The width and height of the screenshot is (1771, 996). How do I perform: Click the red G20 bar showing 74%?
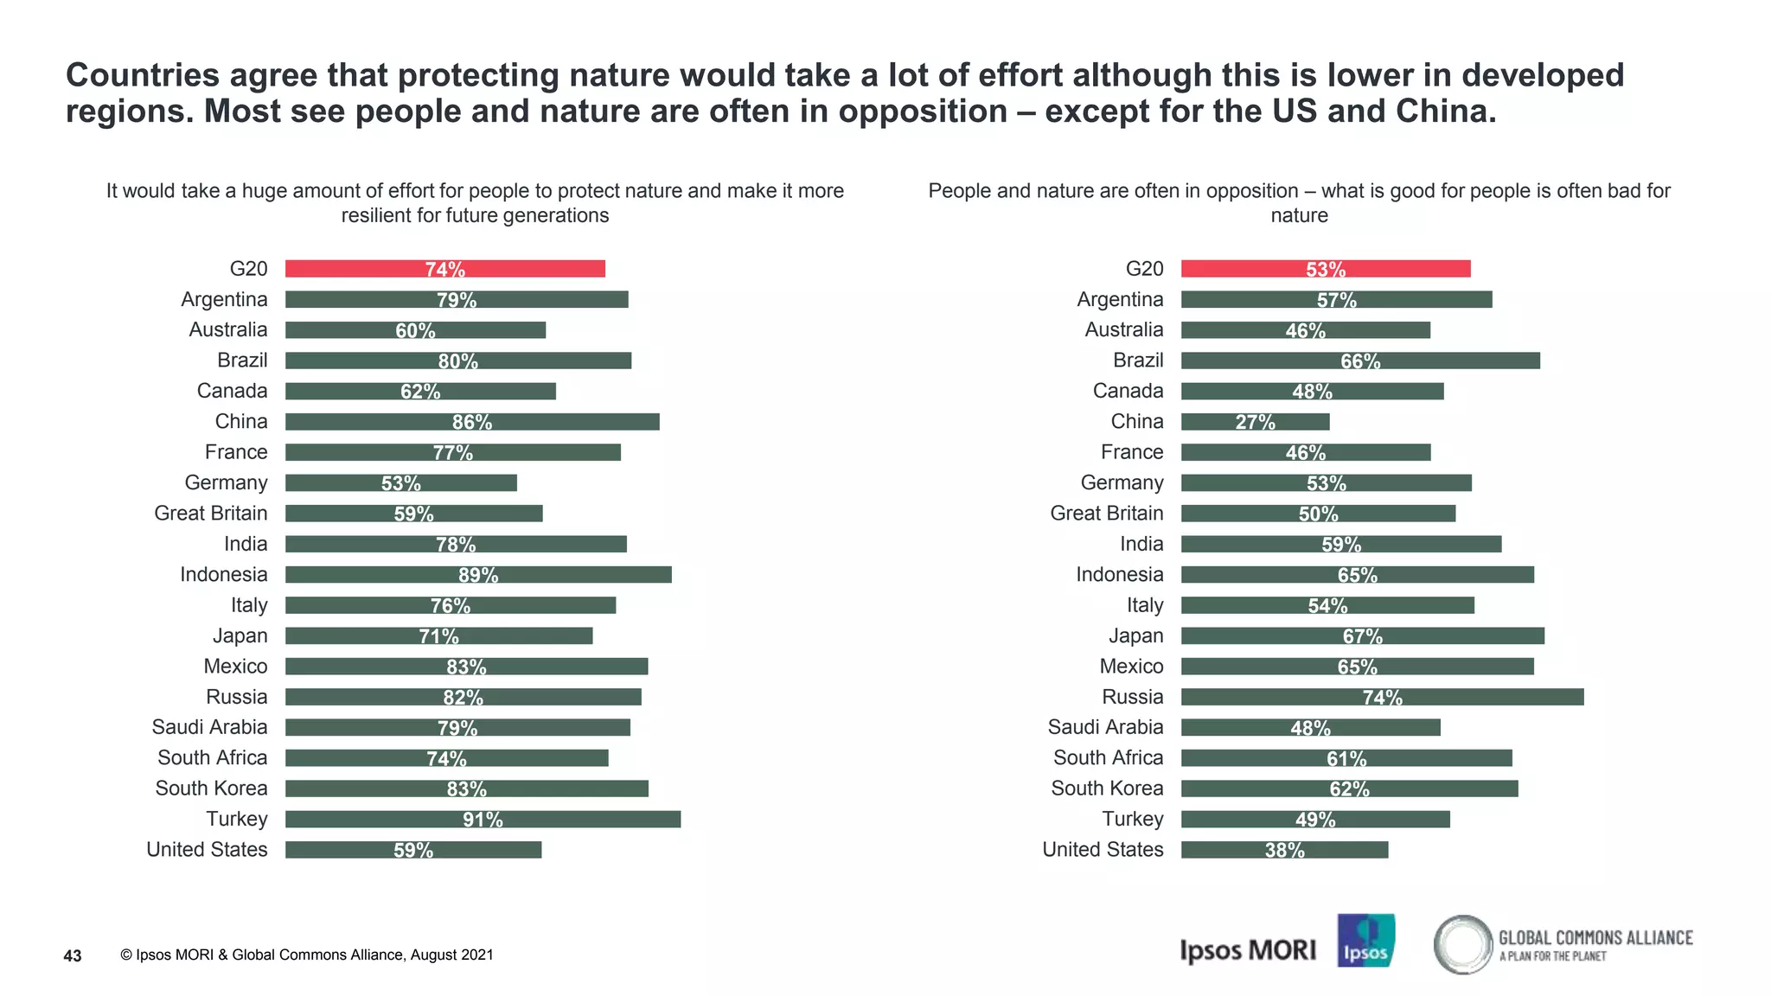pos(444,269)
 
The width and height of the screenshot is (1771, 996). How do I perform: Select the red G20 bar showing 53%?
pos(1325,269)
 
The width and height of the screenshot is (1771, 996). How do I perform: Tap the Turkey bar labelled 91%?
pos(483,819)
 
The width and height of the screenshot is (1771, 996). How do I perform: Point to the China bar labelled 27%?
pos(1255,422)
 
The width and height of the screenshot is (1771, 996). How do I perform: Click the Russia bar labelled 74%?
pos(1382,697)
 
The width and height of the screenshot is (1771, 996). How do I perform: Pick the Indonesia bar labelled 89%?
pos(477,575)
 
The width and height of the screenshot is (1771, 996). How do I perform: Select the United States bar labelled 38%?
pos(1284,850)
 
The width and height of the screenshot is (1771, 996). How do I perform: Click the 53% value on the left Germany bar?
pos(400,483)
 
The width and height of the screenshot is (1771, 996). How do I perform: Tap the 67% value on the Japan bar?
pos(1362,636)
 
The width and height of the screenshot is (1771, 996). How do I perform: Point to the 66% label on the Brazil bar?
pos(1360,361)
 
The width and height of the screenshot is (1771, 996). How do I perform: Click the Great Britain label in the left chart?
pos(210,514)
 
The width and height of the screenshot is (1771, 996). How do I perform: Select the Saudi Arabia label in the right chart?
pos(1105,727)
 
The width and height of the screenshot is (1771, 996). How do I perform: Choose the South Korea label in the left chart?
pos(211,788)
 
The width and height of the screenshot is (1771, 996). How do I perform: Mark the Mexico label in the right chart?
pos(1131,667)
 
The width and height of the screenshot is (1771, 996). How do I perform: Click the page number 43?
pos(73,955)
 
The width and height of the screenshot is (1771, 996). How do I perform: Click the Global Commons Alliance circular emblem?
pos(1463,944)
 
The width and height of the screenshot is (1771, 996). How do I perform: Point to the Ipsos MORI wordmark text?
pos(1247,950)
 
